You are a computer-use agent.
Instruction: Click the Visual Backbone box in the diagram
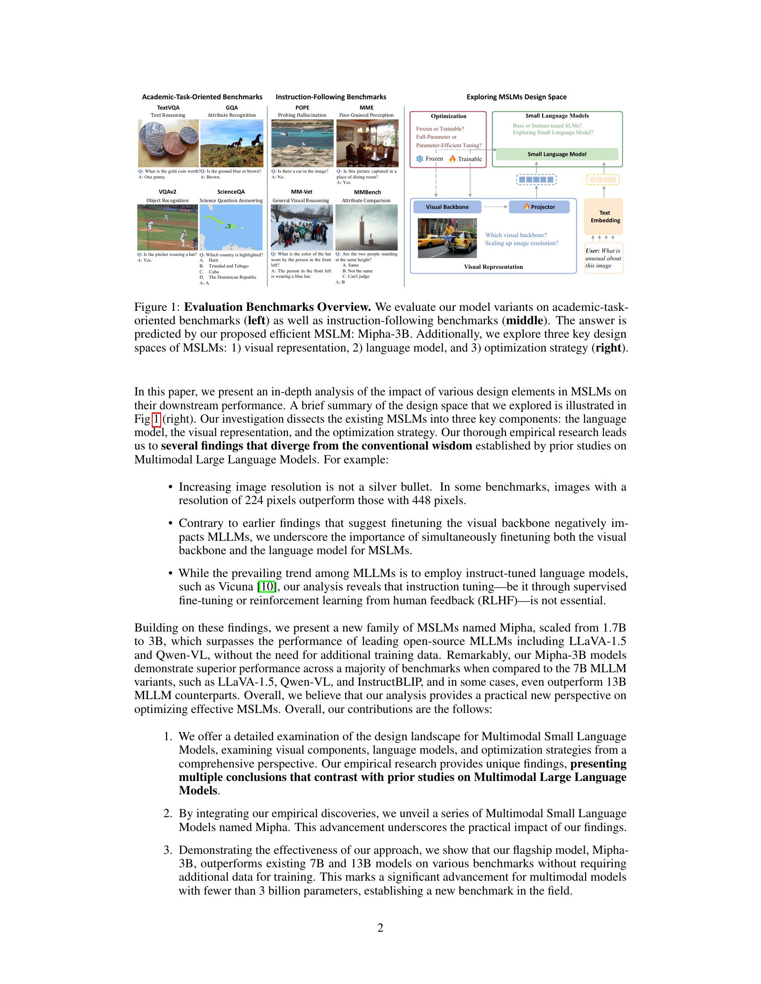[x=447, y=207]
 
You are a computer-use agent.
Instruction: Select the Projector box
[x=539, y=207]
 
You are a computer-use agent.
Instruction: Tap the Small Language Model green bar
[x=557, y=154]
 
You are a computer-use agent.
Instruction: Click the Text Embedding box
[x=604, y=217]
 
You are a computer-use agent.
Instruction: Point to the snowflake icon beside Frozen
[x=419, y=159]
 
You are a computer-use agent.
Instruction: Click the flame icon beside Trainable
[x=452, y=159]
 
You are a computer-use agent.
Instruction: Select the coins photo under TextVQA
[x=168, y=143]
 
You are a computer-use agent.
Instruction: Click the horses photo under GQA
[x=232, y=143]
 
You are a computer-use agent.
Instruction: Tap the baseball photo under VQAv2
[x=167, y=227]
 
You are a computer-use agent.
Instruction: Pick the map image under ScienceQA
[x=231, y=227]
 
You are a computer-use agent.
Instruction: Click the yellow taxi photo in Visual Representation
[x=447, y=238]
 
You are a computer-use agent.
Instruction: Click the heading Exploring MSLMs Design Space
[x=516, y=97]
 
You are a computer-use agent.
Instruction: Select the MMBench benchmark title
[x=367, y=192]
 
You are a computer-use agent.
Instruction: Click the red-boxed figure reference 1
[x=156, y=420]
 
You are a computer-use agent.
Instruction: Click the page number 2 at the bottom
[x=380, y=928]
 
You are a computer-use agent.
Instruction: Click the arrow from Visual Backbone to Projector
[x=495, y=207]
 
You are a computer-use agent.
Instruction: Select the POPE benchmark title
[x=302, y=108]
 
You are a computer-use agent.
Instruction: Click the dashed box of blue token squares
[x=536, y=180]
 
